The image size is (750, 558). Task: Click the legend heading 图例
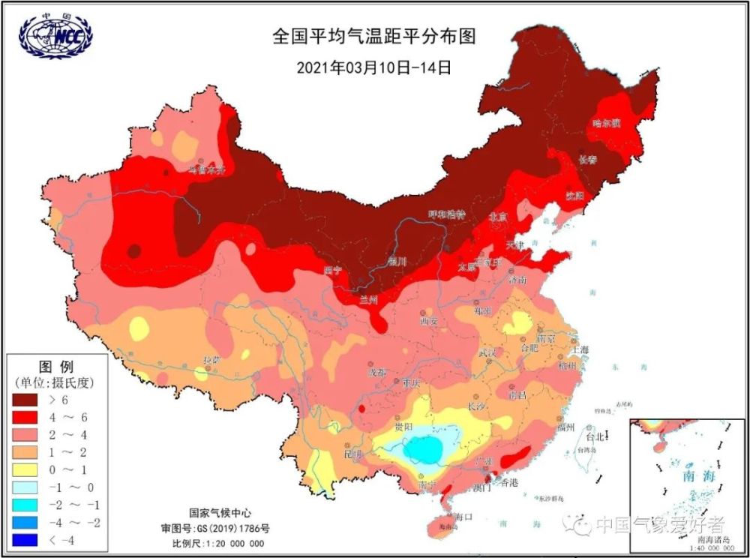(55, 367)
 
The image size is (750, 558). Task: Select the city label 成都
(376, 372)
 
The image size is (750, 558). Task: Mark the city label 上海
(580, 349)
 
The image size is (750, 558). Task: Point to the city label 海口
(464, 517)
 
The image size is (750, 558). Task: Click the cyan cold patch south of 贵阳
(424, 448)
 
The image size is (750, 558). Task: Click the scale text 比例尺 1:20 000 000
(218, 544)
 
